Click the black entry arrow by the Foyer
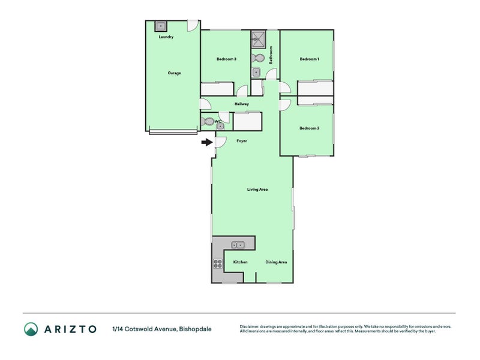pos(207,142)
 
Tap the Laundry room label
pos(166,37)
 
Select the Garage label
pos(174,73)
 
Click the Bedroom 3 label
pos(226,59)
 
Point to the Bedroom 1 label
pos(309,59)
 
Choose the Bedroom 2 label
pos(309,128)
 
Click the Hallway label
pos(242,104)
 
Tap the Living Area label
pos(257,190)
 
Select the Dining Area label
pos(276,262)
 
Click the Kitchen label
pos(241,262)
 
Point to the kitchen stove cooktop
pos(218,263)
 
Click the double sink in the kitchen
pos(238,245)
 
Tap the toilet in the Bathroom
pos(258,58)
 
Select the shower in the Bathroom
pos(259,39)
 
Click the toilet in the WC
pos(208,122)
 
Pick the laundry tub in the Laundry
pos(160,26)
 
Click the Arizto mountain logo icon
pos(31,329)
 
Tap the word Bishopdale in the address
pos(195,329)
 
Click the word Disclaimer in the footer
pos(249,326)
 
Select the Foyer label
pos(242,141)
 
